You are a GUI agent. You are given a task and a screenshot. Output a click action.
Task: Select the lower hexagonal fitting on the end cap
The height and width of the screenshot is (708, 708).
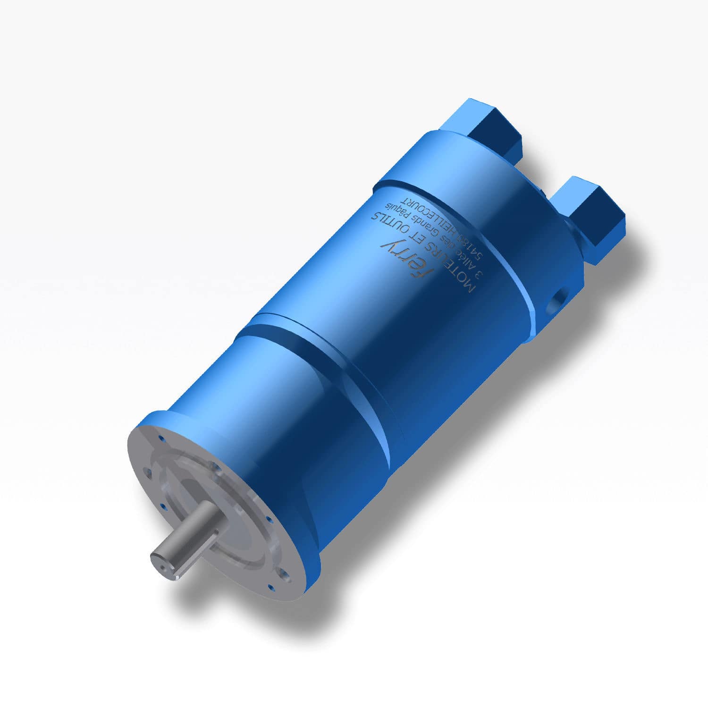pyautogui.click(x=595, y=217)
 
